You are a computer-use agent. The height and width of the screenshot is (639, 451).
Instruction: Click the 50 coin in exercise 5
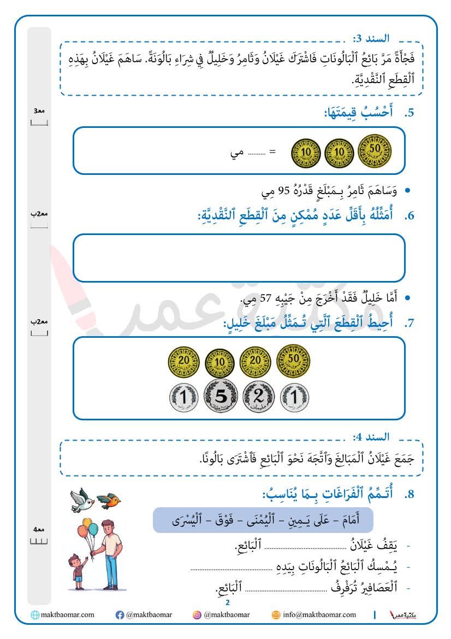(x=375, y=150)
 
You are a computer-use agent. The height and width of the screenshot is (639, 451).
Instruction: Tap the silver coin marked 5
(x=221, y=396)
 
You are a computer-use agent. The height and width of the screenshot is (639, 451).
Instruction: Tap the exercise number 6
(x=409, y=216)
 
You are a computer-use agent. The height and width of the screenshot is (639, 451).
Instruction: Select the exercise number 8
(x=409, y=495)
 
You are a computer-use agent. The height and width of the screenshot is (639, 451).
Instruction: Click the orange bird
(x=109, y=500)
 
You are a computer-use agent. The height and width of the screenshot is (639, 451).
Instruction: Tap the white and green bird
(x=82, y=500)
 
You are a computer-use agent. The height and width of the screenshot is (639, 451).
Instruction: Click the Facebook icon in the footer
(x=120, y=615)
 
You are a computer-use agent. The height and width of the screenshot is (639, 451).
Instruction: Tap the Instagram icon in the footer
(x=197, y=615)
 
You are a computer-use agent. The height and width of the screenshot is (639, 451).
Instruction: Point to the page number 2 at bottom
(x=227, y=603)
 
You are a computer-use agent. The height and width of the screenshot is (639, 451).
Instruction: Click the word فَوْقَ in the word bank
(x=214, y=520)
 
